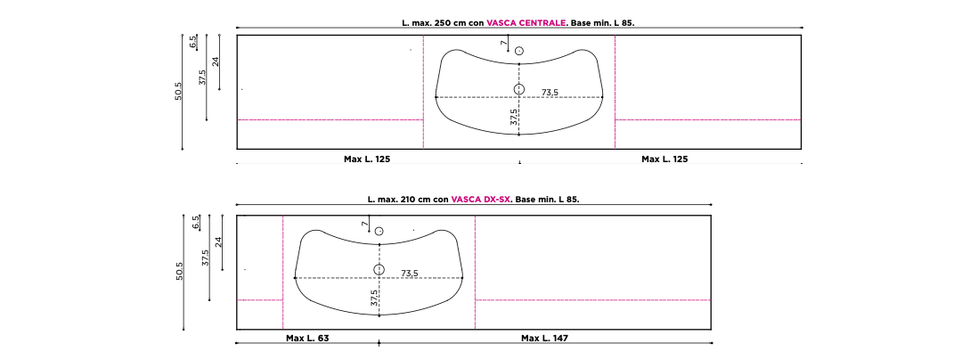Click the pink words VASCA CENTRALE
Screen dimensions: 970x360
[x=526, y=22]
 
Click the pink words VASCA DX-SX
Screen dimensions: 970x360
[x=481, y=200]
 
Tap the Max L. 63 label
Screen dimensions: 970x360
[x=307, y=339]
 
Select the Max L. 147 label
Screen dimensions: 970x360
[x=544, y=339]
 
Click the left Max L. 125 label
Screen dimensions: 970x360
[x=367, y=159]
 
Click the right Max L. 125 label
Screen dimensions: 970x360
[x=664, y=159]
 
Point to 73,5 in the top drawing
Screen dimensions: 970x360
[x=550, y=92]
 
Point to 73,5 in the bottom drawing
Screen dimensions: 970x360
[x=410, y=273]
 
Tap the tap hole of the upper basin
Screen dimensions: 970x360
[x=519, y=51]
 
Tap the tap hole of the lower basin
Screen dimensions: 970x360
[x=379, y=232]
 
